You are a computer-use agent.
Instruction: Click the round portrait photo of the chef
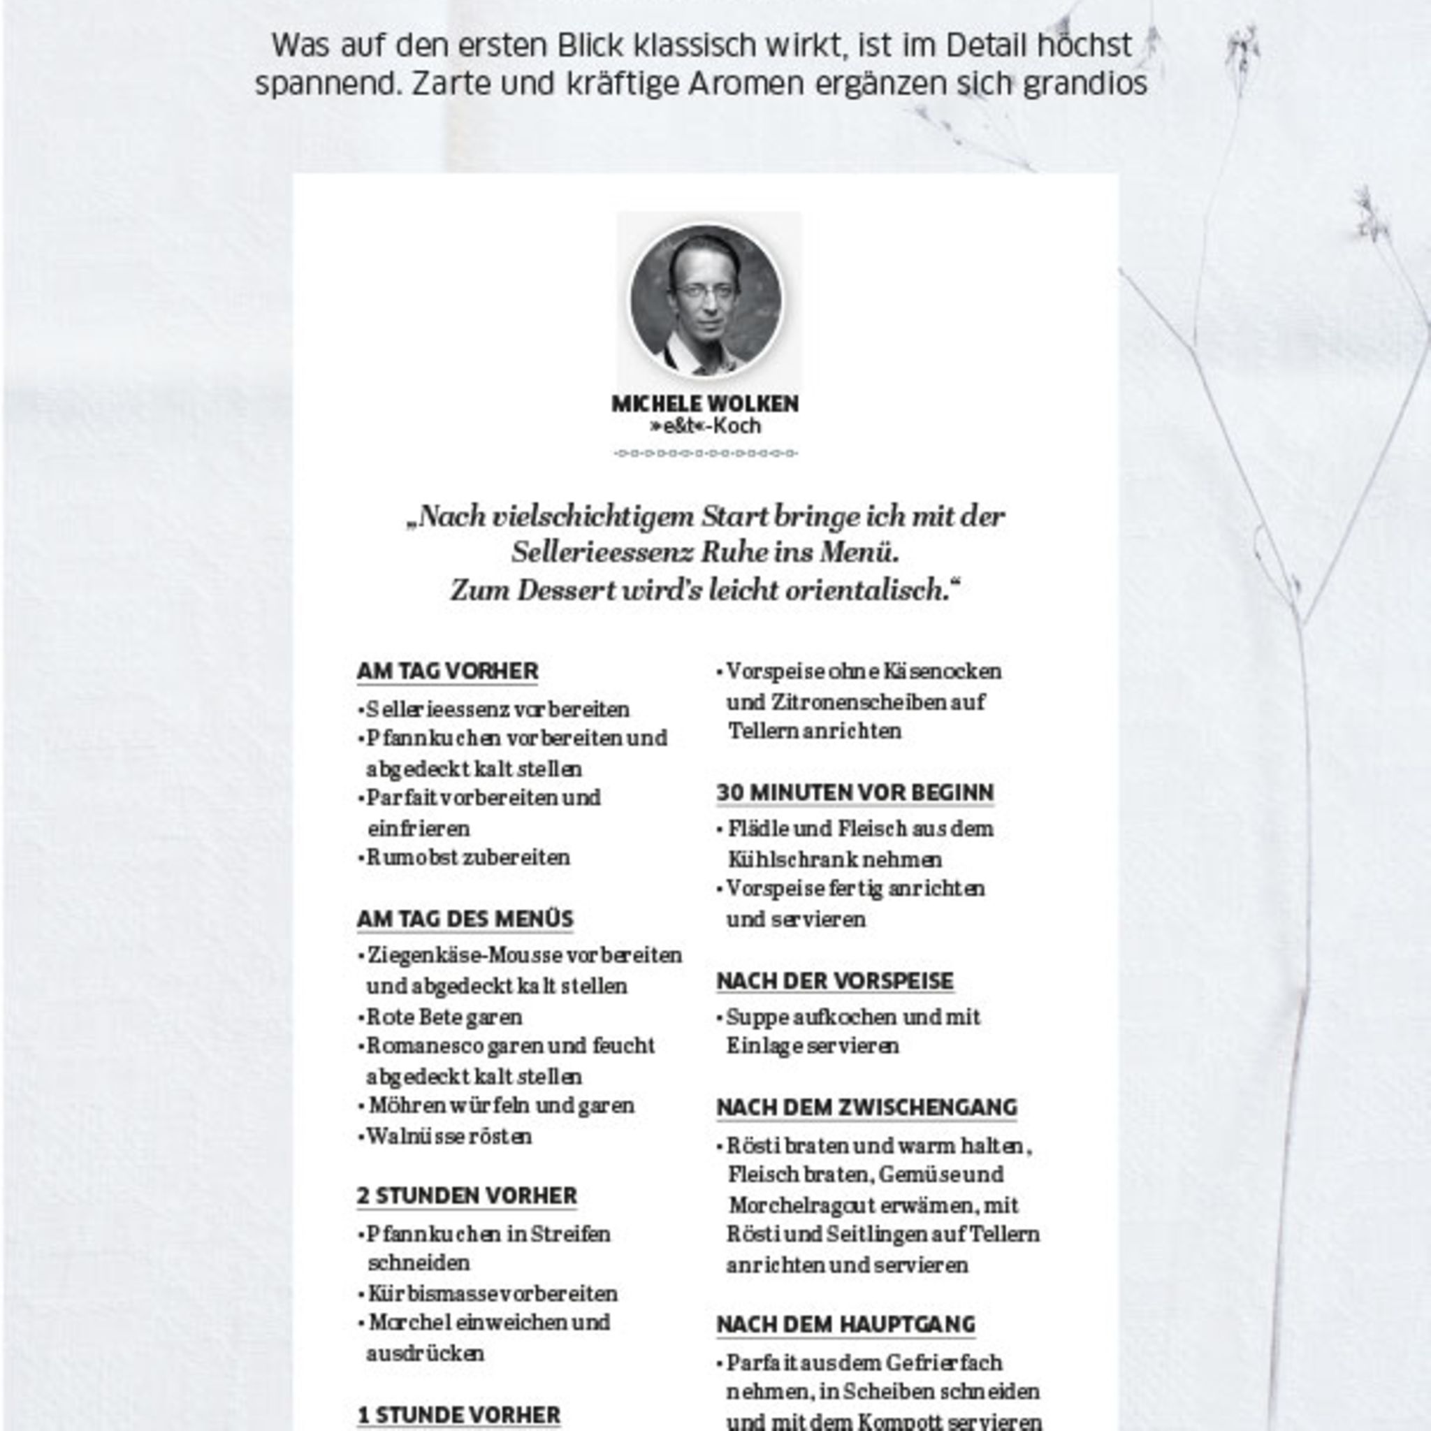[x=705, y=299]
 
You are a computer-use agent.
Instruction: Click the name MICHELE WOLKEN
[x=704, y=404]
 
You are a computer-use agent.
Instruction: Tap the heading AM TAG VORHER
[x=447, y=671]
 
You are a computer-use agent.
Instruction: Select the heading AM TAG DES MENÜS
[x=465, y=920]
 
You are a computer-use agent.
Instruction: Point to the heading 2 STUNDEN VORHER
[x=467, y=1196]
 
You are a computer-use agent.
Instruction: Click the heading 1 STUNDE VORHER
[x=459, y=1414]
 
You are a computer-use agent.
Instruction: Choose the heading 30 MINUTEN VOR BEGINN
[x=855, y=792]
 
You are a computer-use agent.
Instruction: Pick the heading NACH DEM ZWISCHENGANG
[x=866, y=1107]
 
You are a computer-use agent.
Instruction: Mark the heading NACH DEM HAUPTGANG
[x=846, y=1323]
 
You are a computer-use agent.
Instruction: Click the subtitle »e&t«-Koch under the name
[x=704, y=426]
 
